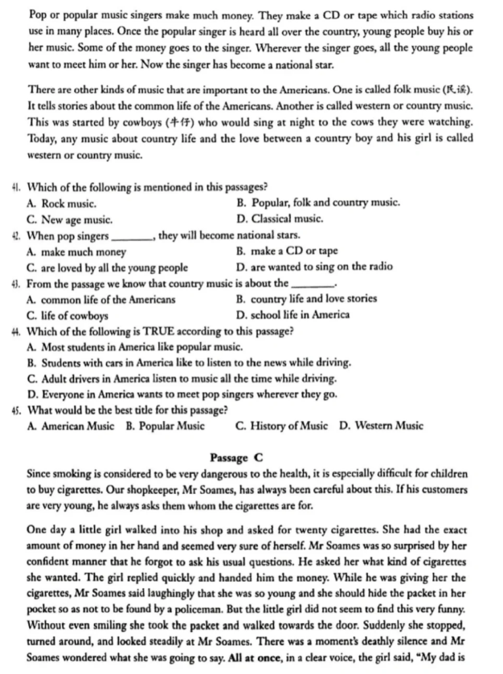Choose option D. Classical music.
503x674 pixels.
click(x=280, y=219)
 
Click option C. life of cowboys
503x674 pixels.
click(x=67, y=316)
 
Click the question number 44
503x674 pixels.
click(x=16, y=331)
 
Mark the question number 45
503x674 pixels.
click(x=16, y=411)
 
